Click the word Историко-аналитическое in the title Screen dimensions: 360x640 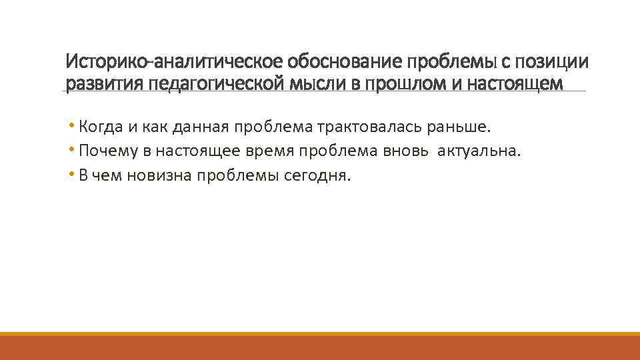[x=175, y=63]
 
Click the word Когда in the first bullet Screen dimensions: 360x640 [x=99, y=126]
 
